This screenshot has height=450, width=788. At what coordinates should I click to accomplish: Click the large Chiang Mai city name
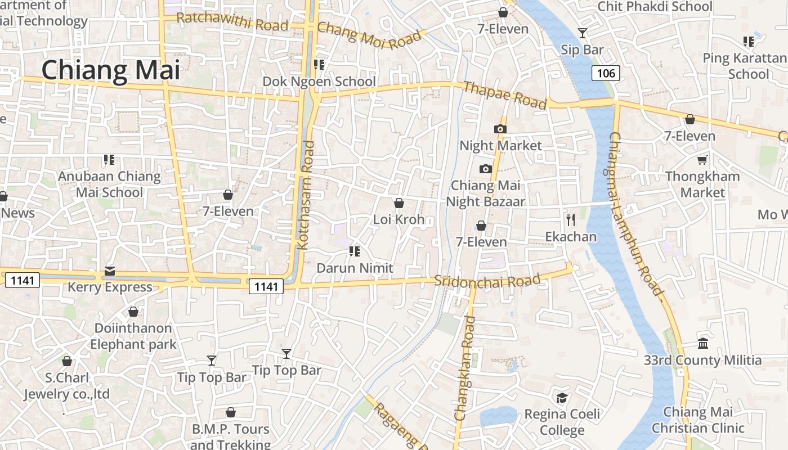point(111,71)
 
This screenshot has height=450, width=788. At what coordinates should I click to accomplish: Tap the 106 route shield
point(606,73)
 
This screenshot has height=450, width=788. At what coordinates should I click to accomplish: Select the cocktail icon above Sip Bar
point(583,33)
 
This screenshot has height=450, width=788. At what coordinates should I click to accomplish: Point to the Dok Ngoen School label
point(319,82)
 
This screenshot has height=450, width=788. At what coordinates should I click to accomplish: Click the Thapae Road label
point(505,95)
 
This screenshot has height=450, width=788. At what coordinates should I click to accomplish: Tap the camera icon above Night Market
point(500,129)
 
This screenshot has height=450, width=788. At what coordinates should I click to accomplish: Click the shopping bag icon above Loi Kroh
point(399,203)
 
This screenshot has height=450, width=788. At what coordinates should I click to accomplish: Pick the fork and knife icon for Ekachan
point(571,219)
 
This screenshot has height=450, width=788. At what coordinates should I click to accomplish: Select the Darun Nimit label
point(355,268)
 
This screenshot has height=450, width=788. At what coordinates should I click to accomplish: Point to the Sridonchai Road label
point(487,281)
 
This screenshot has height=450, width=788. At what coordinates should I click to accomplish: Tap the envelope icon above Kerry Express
point(109,271)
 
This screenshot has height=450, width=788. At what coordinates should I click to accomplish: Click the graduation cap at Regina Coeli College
point(562,398)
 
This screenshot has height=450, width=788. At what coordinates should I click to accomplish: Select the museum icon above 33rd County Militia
point(703,343)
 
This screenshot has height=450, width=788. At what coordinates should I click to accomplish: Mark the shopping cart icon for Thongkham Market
point(702,160)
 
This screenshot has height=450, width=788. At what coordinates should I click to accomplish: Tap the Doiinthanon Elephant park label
point(133,336)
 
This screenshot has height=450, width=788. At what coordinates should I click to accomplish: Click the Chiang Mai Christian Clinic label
point(698,420)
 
